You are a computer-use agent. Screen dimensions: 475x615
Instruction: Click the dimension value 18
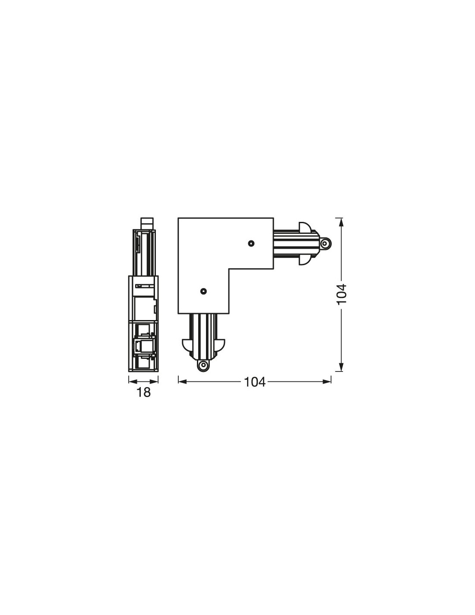143,393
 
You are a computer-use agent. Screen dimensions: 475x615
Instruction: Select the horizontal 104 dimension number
255,382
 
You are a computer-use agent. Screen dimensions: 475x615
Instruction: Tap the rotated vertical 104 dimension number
341,294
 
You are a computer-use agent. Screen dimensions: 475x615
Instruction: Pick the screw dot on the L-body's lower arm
203,291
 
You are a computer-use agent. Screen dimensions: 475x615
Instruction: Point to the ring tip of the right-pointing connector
326,243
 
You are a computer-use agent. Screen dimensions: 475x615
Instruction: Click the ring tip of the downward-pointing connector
203,366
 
